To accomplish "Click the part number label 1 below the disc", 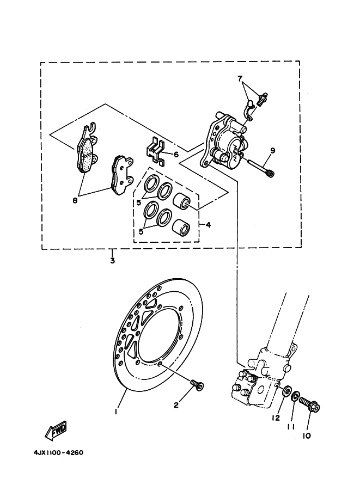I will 116,411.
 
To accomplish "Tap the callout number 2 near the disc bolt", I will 176,405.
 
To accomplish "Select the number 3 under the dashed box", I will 112,260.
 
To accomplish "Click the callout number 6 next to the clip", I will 176,154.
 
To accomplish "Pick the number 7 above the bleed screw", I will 240,79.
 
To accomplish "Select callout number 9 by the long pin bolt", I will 272,150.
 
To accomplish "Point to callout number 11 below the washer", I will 291,427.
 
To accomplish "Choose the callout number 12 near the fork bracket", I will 276,418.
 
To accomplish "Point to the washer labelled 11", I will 296,397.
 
